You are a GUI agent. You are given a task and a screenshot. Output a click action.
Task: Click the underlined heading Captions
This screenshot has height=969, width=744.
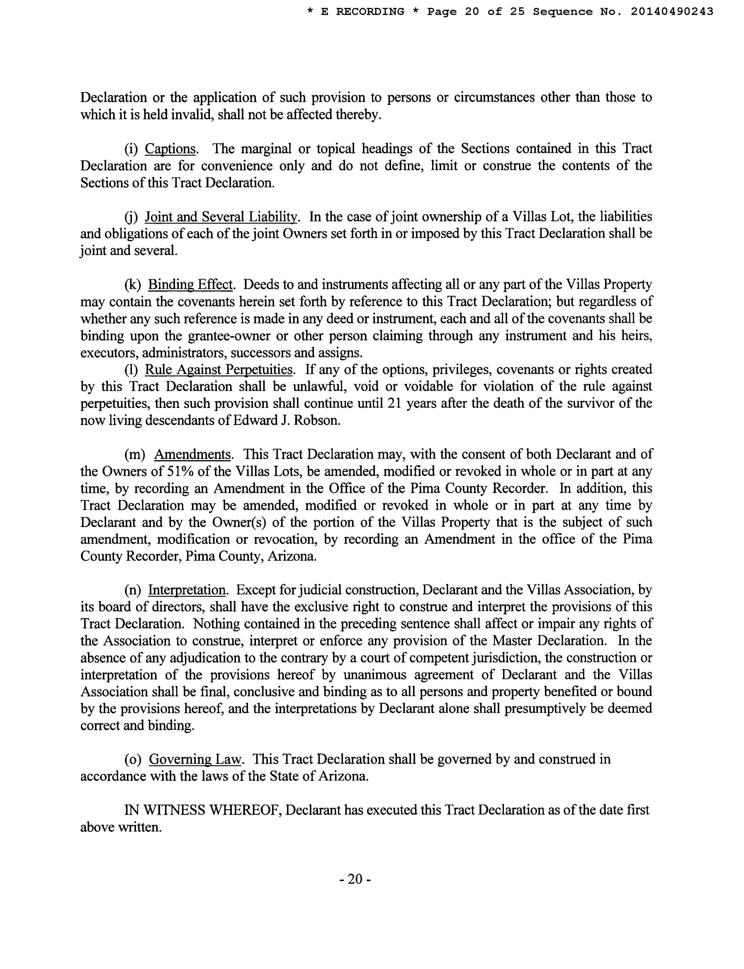[x=171, y=149]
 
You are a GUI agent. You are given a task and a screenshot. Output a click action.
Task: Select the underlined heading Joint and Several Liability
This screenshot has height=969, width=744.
[x=221, y=217]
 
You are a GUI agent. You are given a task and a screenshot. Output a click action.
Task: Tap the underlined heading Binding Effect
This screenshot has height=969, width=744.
[x=191, y=285]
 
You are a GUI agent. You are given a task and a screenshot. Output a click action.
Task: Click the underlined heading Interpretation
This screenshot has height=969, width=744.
[x=187, y=590]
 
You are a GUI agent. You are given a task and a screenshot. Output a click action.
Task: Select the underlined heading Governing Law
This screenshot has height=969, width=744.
[x=196, y=759]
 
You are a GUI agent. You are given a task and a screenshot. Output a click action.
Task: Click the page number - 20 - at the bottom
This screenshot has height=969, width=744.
[x=355, y=879]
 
